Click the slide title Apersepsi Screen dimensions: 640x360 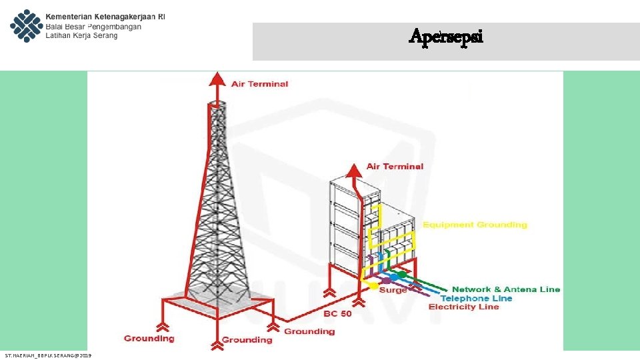coord(446,37)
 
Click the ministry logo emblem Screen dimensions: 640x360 coord(25,25)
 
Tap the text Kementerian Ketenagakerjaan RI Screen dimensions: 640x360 coord(105,15)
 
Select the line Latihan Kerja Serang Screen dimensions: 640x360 coord(81,36)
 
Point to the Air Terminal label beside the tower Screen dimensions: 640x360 coord(259,84)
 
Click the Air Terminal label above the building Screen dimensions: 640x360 coord(395,166)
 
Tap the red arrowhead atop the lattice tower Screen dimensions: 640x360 coord(215,79)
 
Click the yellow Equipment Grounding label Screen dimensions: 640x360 coord(475,225)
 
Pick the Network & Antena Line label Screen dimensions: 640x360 coord(506,289)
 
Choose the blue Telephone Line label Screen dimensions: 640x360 coord(476,298)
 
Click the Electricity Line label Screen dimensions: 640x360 coord(463,307)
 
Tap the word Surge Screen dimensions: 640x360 coord(393,290)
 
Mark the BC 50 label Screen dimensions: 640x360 coord(338,313)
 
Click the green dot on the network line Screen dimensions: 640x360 coord(402,275)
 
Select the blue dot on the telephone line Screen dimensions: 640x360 coord(394,277)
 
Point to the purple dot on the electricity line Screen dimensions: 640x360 coord(386,281)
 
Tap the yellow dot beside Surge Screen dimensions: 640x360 coord(373,285)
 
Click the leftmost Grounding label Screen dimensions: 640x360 coord(149,338)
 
